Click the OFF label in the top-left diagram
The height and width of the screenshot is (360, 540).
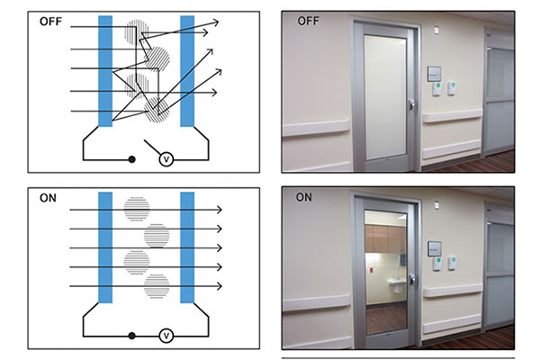50,22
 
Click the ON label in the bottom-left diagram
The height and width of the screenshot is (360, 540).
48,198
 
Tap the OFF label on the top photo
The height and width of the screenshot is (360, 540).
308,21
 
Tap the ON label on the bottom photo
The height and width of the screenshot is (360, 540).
304,197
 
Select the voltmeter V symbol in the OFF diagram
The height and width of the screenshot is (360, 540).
166,159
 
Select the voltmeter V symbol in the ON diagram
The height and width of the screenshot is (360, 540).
166,336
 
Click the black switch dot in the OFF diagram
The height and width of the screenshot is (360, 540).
131,159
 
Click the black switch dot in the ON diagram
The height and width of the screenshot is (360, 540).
131,336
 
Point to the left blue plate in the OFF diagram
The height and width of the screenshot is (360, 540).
105,71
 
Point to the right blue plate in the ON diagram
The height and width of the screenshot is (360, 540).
187,247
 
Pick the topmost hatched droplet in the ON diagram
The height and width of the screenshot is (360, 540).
137,209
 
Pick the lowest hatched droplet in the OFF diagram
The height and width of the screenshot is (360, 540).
157,110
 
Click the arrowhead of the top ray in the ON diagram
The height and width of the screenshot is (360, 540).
220,210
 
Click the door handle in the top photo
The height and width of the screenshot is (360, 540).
411,104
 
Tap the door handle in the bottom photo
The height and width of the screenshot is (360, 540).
411,279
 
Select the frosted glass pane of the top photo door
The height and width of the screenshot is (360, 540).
385,97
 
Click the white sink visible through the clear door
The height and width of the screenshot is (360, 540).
393,283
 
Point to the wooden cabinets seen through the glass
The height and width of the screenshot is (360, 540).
386,238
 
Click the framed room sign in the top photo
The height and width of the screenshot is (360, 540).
435,74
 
